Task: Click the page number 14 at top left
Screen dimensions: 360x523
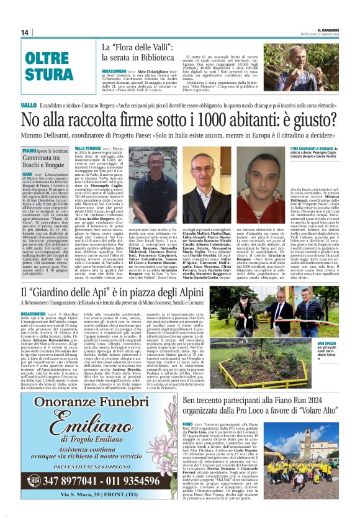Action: point(25,32)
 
